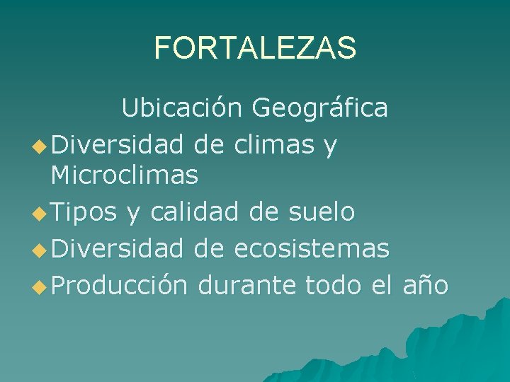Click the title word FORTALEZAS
click(255, 48)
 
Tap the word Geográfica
click(319, 108)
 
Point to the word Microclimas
click(125, 175)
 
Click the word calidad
click(188, 211)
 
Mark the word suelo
click(319, 211)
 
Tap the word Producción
click(119, 284)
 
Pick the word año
click(424, 284)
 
